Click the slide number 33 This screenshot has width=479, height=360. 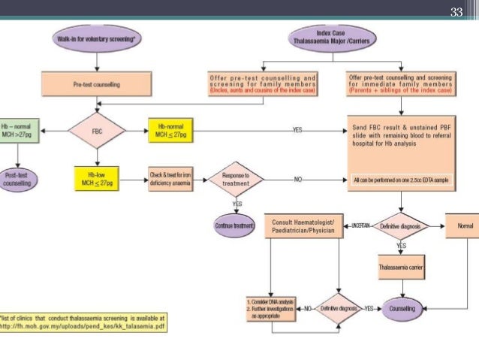pos(456,11)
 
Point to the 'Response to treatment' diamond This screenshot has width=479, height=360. pos(237,180)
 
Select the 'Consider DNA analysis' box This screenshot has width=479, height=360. pos(271,308)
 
